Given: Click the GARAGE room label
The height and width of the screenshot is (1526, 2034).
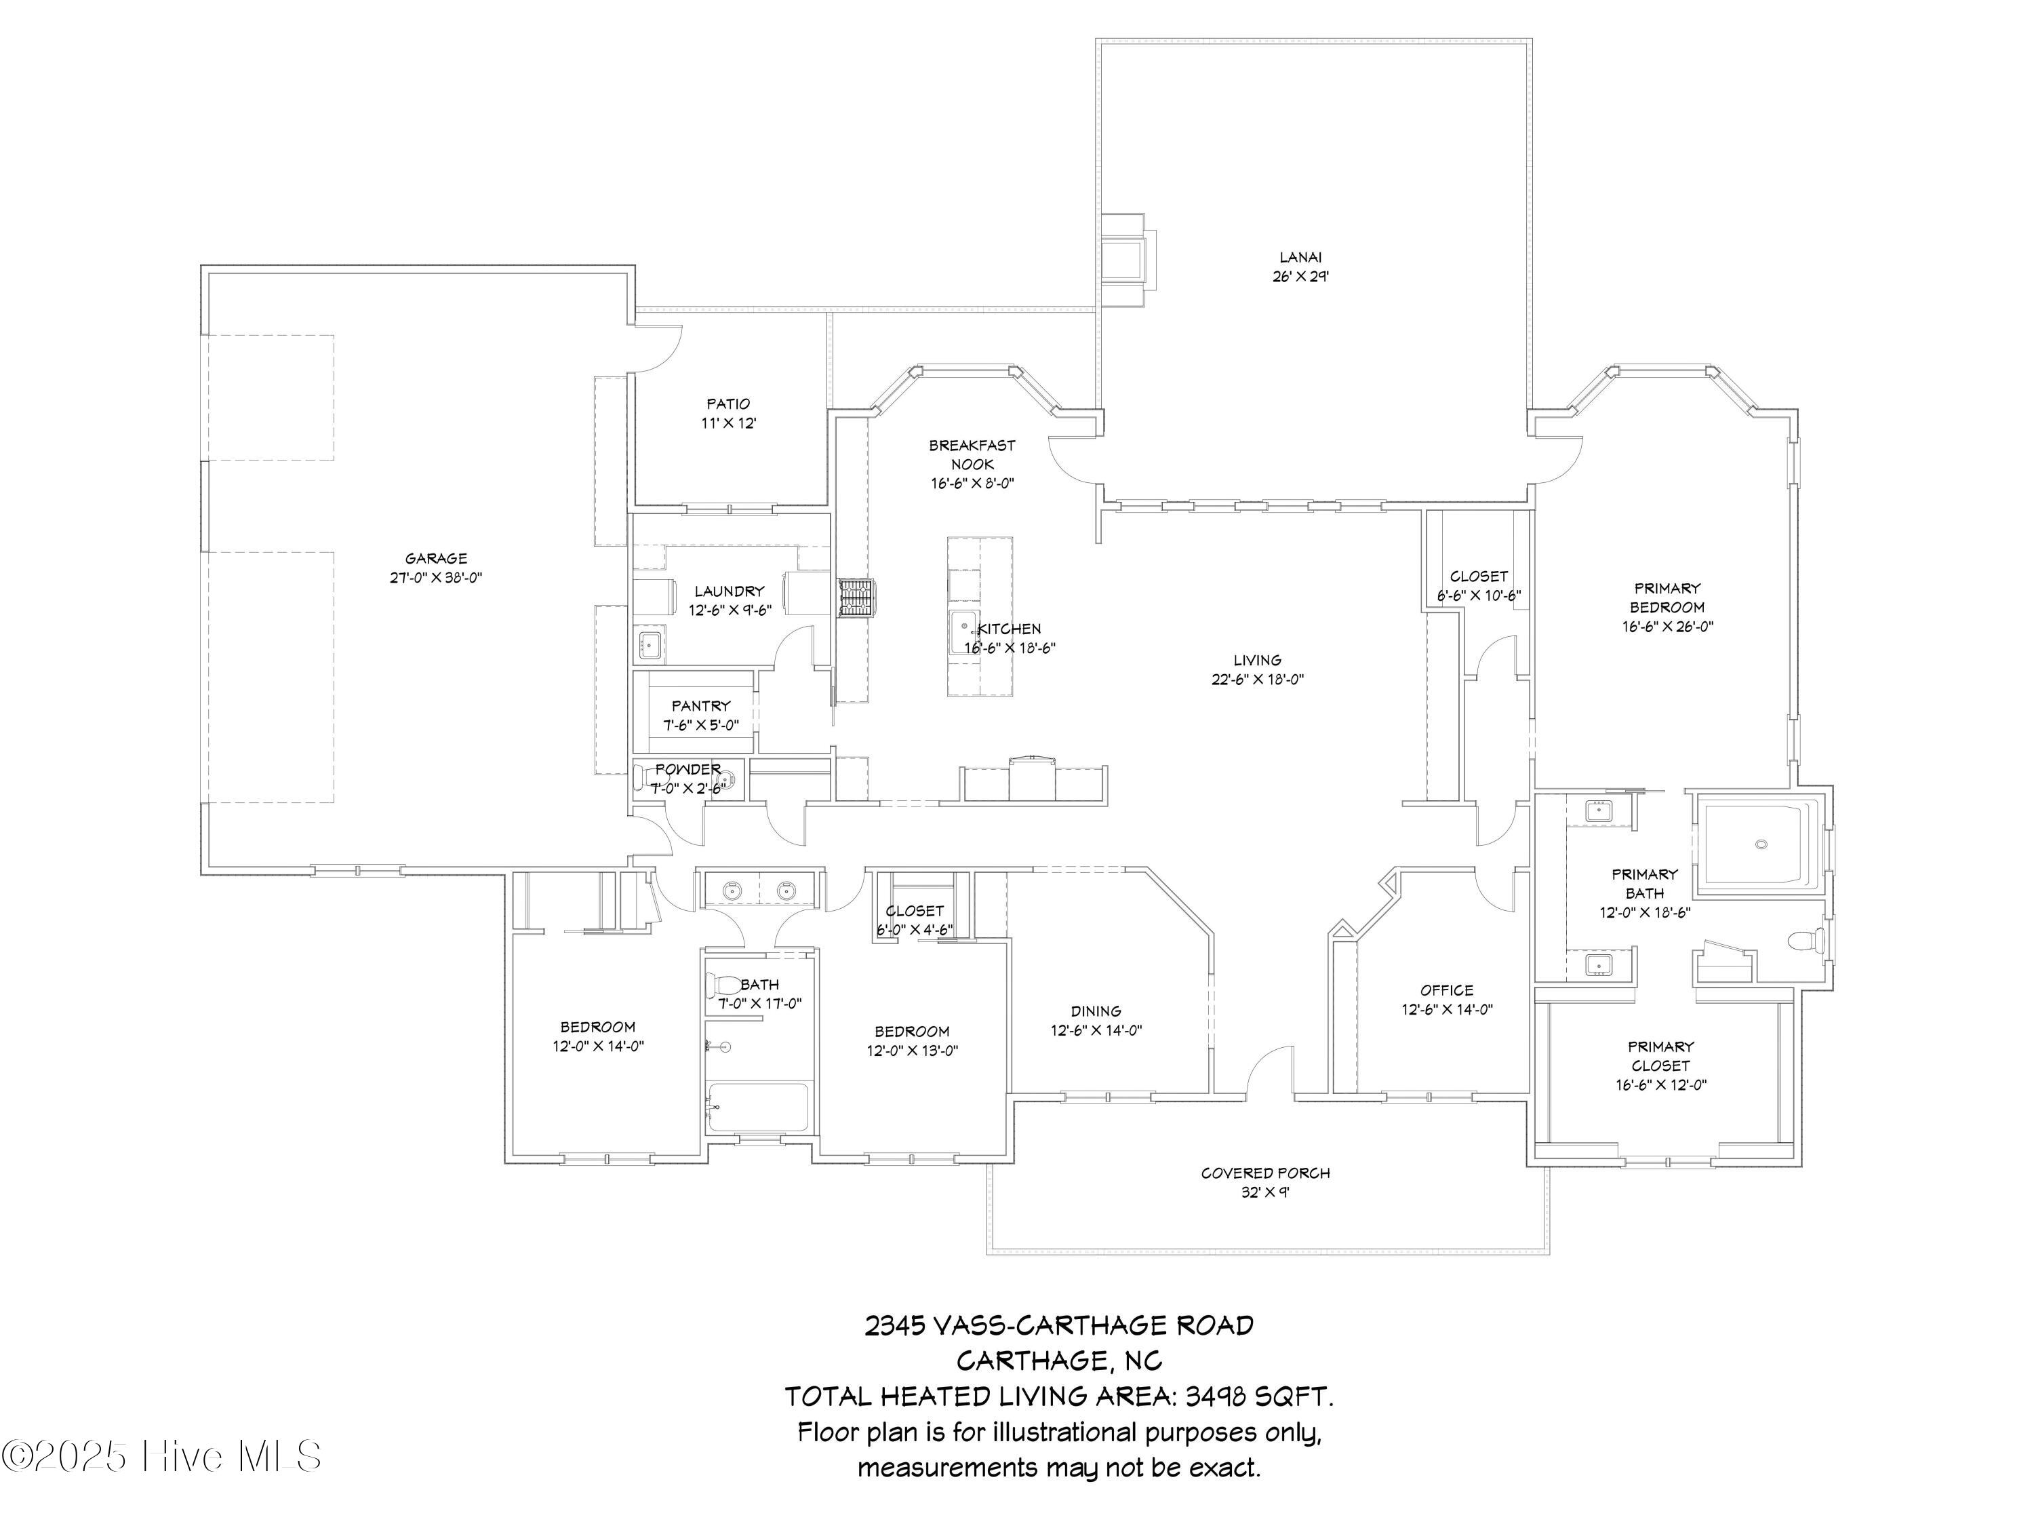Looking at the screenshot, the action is pyautogui.click(x=436, y=558).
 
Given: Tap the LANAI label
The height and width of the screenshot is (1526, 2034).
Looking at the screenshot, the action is pyautogui.click(x=1300, y=258).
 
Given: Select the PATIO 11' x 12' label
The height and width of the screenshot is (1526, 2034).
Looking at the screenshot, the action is pyautogui.click(x=728, y=413).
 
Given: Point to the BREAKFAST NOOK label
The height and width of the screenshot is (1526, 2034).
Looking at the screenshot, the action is pyautogui.click(x=972, y=454).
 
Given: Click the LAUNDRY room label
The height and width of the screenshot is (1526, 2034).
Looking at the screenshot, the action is pyautogui.click(x=729, y=591).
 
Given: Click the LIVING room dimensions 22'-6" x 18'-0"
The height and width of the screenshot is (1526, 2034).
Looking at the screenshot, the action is pyautogui.click(x=1258, y=680).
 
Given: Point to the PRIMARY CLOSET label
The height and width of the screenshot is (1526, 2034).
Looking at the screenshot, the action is pyautogui.click(x=1660, y=1056).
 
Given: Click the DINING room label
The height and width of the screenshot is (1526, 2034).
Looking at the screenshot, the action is pyautogui.click(x=1096, y=1011).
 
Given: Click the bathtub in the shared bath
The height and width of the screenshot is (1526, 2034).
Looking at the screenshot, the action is pyautogui.click(x=758, y=1108).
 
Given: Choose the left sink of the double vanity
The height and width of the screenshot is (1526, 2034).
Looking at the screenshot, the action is pyautogui.click(x=732, y=891).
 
